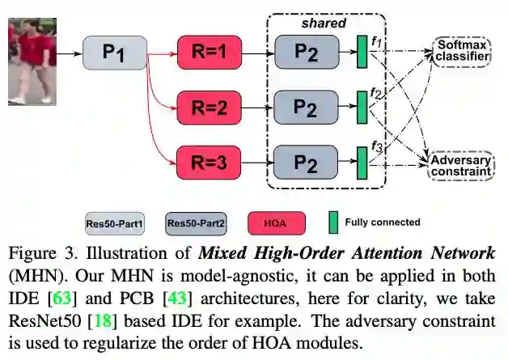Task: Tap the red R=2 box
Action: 210,106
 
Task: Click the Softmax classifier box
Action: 460,50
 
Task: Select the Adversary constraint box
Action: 460,165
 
